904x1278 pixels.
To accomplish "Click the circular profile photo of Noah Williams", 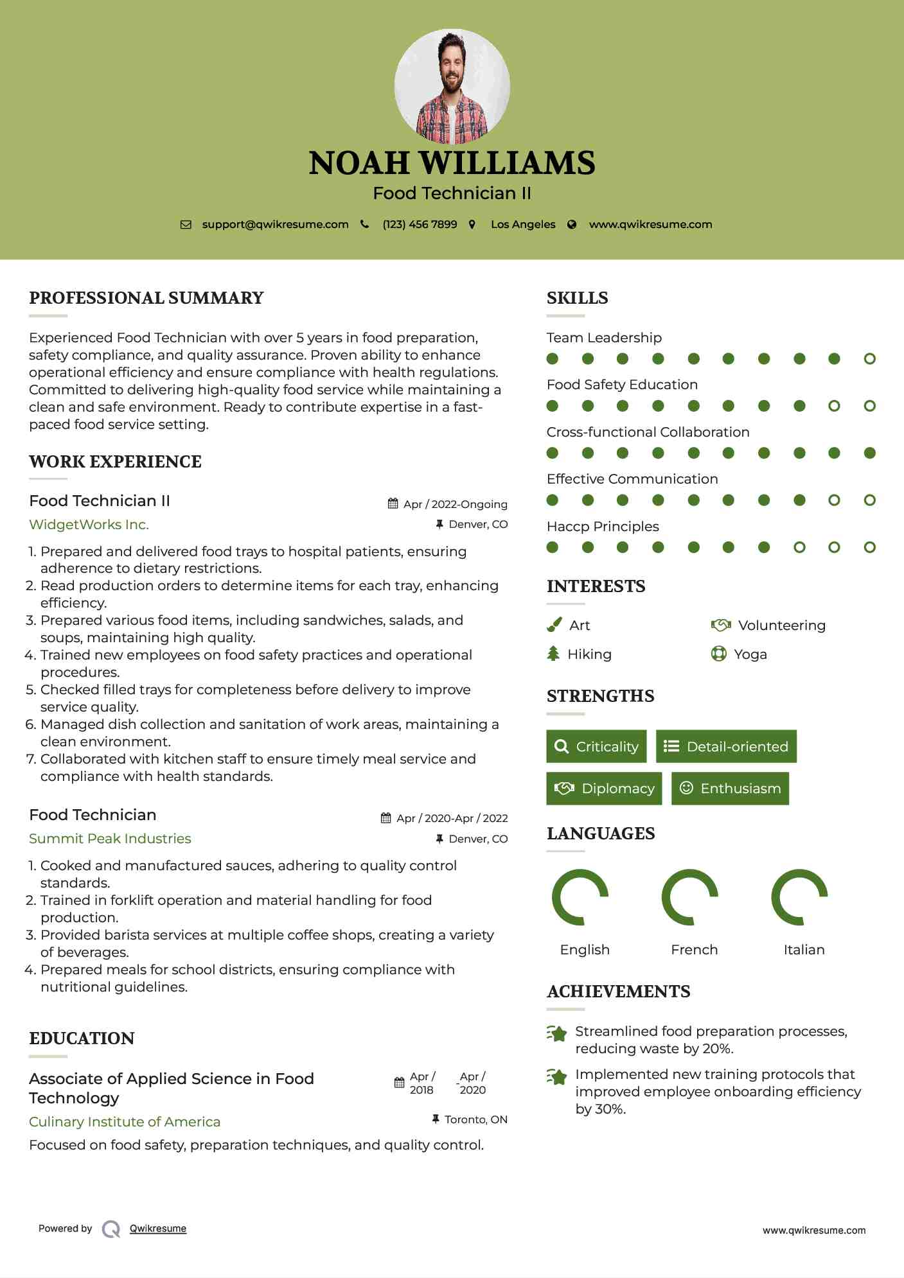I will coord(452,86).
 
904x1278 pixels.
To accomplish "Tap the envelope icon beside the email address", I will coord(186,225).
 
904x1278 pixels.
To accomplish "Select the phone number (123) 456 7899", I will coord(420,225).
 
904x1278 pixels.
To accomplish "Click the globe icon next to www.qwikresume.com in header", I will coord(572,225).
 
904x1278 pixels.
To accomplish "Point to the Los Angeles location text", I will coord(522,225).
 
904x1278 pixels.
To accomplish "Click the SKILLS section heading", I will coord(577,298).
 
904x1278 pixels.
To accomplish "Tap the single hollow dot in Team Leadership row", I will coord(869,359).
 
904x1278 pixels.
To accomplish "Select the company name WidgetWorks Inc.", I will coord(89,525).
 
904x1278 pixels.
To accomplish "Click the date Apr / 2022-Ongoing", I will coord(455,504).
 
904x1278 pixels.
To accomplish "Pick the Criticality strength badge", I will coord(596,746).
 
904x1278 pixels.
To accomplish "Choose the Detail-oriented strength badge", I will coord(726,746).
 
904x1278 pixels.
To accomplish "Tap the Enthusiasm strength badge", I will coord(730,788).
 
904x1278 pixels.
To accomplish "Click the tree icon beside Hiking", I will coord(553,654).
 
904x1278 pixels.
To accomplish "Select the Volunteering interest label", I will coord(781,626).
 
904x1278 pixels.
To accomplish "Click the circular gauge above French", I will coord(689,897).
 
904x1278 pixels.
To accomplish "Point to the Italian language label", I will coord(804,950).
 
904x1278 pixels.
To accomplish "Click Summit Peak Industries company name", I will coord(110,839).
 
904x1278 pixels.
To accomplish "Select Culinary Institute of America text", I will coord(125,1122).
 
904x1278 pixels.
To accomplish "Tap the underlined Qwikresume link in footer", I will coord(158,1229).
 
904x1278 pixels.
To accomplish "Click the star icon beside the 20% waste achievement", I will coord(557,1033).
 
